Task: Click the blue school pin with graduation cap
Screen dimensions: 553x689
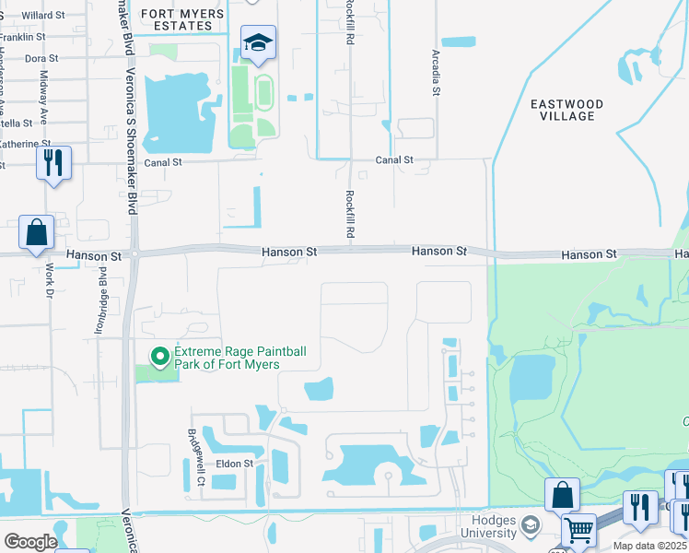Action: (x=259, y=43)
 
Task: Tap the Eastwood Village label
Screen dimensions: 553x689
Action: (x=567, y=110)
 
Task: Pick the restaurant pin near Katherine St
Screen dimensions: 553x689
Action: (x=53, y=164)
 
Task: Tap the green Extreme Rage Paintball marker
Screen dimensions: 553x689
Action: (x=159, y=355)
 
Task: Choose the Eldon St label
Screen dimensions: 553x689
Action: (x=234, y=464)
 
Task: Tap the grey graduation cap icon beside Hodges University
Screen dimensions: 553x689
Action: (x=529, y=526)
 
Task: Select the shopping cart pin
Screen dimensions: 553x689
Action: (x=578, y=531)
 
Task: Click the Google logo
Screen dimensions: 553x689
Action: (x=29, y=541)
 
